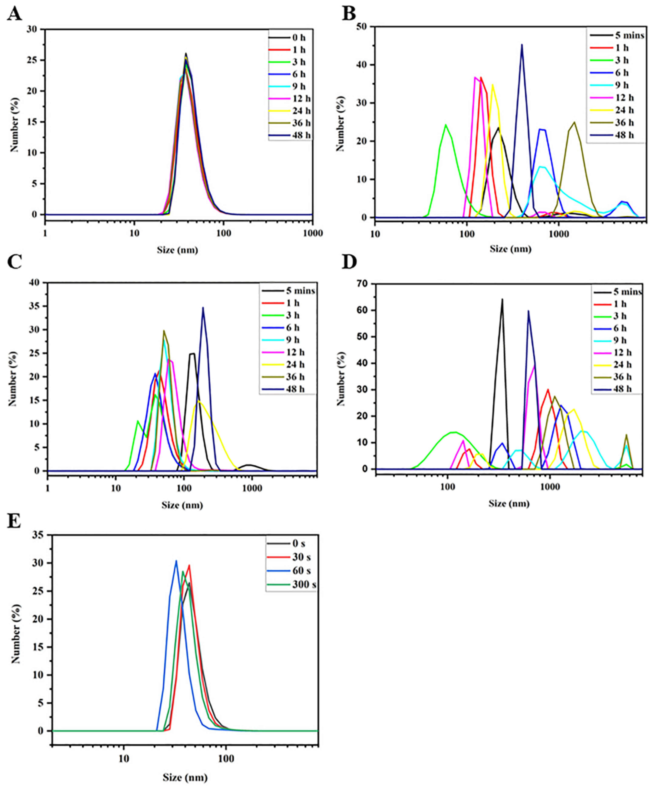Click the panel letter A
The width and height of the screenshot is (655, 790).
(14, 14)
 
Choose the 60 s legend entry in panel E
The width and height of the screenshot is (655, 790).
(292, 571)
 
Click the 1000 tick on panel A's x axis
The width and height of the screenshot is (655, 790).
(312, 234)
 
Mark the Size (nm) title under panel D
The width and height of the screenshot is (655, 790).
(509, 503)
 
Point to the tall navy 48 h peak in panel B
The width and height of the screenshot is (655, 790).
(521, 45)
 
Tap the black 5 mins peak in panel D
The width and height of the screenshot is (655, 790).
(502, 300)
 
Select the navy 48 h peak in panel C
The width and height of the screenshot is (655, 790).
(203, 308)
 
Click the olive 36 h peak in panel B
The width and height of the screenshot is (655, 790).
(574, 122)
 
